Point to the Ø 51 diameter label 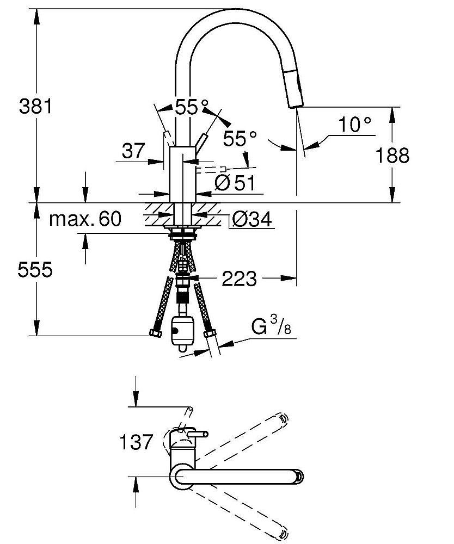pos(235,183)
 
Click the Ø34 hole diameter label pos(251,219)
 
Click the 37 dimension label pos(134,152)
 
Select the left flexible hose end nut pos(155,333)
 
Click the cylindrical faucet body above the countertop pos(181,174)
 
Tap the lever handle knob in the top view pos(205,434)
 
